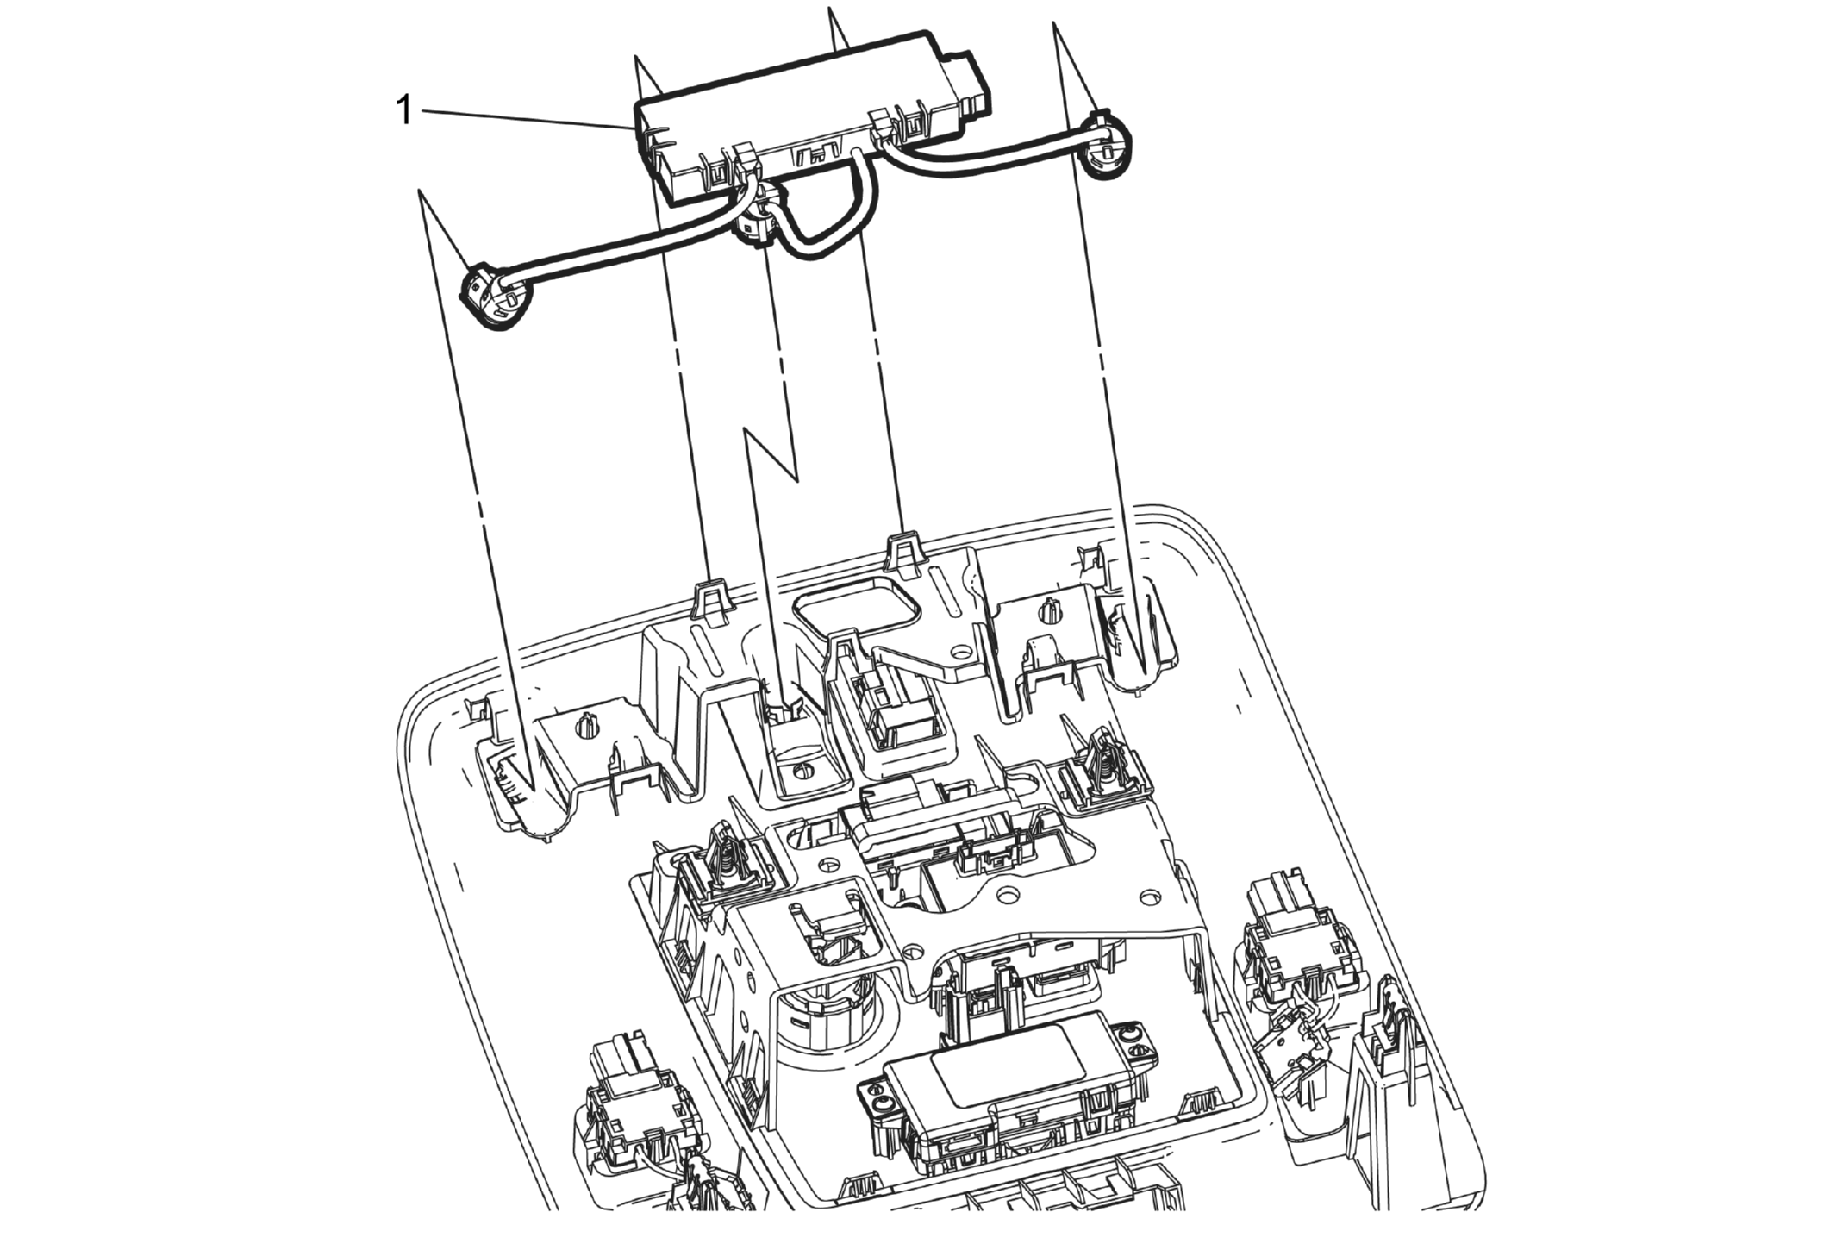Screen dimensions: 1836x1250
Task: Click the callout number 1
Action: [x=403, y=111]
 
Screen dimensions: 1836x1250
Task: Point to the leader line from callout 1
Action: [x=526, y=119]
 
